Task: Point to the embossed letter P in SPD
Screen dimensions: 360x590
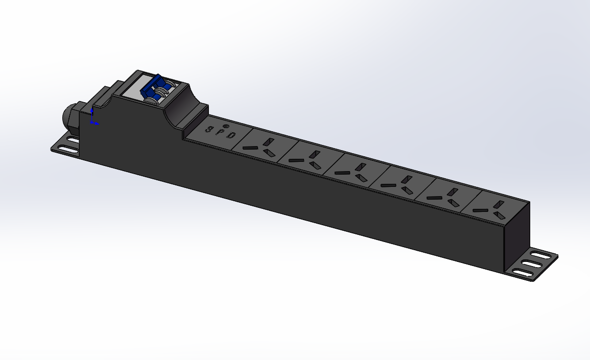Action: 220,132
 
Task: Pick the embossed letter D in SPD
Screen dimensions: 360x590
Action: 231,136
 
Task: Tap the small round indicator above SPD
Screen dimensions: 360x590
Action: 225,125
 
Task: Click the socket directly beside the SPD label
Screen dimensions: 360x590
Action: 261,147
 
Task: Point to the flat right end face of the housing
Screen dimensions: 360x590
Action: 516,235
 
